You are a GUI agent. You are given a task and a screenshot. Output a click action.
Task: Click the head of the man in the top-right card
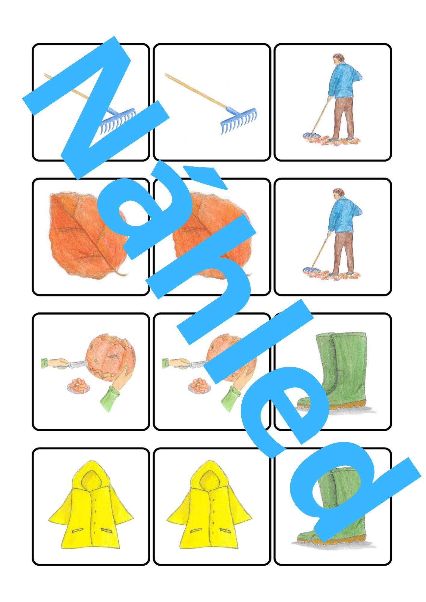pyautogui.click(x=339, y=59)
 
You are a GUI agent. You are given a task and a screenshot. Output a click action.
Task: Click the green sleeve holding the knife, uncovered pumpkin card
pyautogui.click(x=45, y=362)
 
